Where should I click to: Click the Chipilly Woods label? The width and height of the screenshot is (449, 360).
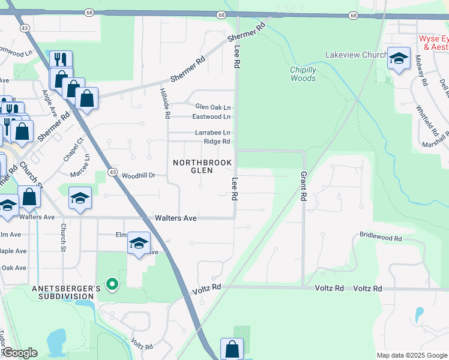pos(303,74)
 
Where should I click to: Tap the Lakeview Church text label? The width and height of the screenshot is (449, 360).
pos(356,55)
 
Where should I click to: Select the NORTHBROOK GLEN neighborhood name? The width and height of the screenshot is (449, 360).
pos(193,166)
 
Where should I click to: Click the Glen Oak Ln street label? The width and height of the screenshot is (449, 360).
pos(212,107)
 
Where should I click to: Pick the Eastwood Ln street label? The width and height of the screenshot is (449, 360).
pos(211,116)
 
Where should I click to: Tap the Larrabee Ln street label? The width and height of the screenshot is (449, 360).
pos(211,132)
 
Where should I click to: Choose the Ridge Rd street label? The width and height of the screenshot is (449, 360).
pos(217,142)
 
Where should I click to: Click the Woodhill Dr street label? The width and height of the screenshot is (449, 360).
pos(139,176)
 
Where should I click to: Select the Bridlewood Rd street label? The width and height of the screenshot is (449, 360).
pos(381,238)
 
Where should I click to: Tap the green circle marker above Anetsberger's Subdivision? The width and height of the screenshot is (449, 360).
pos(111,283)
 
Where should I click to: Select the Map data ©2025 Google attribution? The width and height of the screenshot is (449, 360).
pos(411,355)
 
